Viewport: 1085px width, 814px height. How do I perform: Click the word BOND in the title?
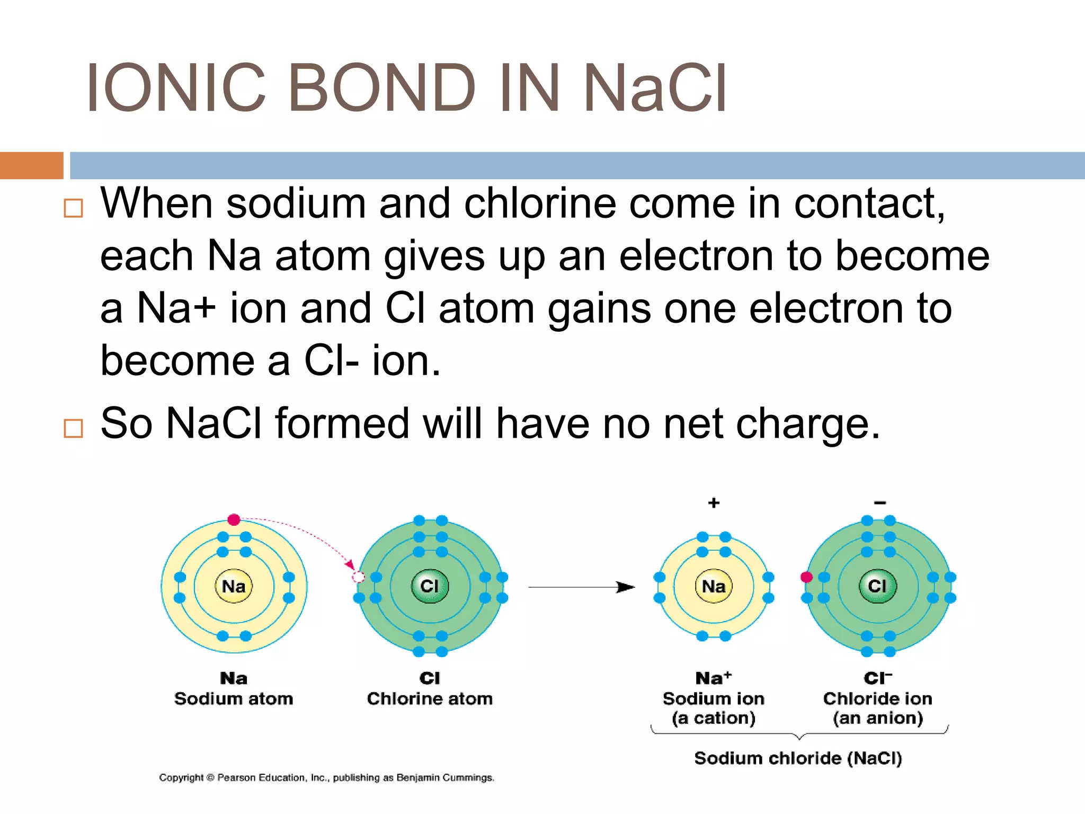(x=381, y=88)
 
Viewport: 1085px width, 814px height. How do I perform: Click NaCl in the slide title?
(x=655, y=88)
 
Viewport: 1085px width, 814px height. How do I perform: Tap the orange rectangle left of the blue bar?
(x=31, y=165)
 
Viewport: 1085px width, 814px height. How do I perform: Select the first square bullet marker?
(x=73, y=208)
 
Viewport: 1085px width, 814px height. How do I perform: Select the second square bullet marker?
(x=73, y=428)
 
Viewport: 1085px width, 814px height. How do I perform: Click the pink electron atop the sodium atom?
(x=234, y=519)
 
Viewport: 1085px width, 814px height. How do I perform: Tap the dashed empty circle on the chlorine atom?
(x=359, y=577)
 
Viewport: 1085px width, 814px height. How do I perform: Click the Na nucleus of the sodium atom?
(x=234, y=586)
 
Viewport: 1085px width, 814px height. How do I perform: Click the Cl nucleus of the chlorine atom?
(x=430, y=586)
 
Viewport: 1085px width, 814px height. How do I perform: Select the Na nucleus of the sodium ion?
(x=714, y=586)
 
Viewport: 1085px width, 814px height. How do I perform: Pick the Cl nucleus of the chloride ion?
(x=877, y=586)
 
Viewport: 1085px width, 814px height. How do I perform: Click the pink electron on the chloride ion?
(x=806, y=577)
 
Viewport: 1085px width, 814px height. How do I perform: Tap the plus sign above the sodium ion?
(x=714, y=502)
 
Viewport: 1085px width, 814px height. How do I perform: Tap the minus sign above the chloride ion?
(x=880, y=502)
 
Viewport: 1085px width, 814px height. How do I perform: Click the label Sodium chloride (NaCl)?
(x=798, y=758)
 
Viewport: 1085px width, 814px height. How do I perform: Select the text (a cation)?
(x=714, y=718)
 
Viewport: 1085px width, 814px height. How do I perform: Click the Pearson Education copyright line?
(x=326, y=777)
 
